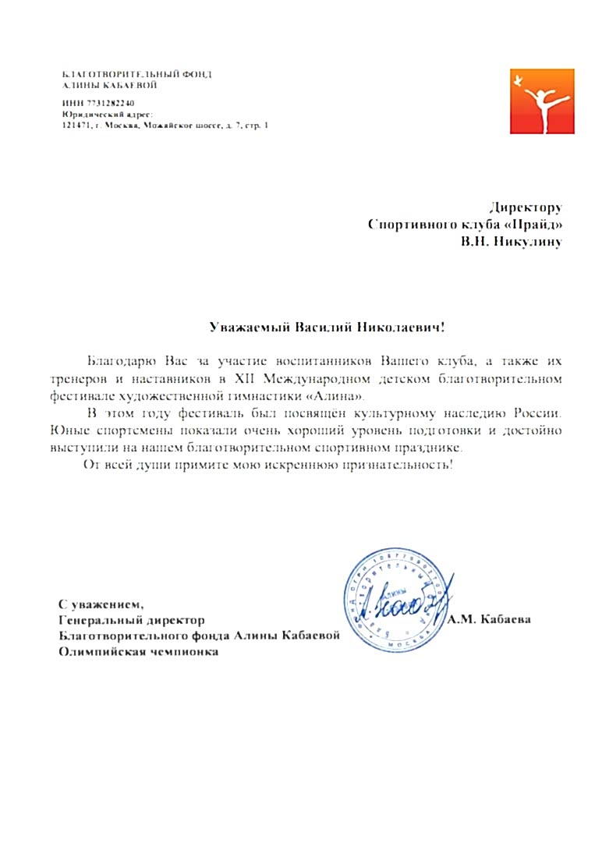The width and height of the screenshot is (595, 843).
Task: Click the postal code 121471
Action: (76, 125)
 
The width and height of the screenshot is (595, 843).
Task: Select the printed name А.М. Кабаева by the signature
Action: (491, 620)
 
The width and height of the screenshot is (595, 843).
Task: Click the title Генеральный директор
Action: (133, 620)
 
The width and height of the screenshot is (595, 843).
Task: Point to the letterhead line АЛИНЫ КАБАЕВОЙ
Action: (110, 84)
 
